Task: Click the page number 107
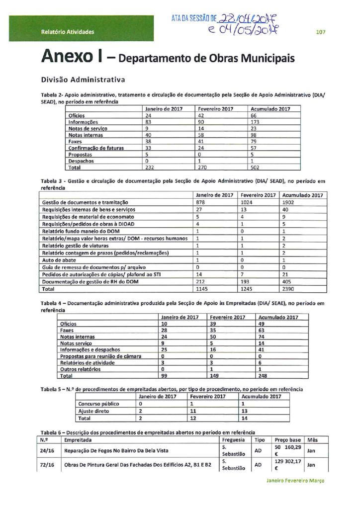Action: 320,32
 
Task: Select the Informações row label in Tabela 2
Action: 83,122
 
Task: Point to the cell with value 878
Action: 201,203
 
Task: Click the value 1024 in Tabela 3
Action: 247,203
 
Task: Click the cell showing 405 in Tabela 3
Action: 287,282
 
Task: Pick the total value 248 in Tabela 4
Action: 264,376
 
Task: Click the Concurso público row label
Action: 98,404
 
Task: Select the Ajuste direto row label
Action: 94,411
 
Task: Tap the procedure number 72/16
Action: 47,465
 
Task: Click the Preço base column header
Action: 288,440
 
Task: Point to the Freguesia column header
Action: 234,440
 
